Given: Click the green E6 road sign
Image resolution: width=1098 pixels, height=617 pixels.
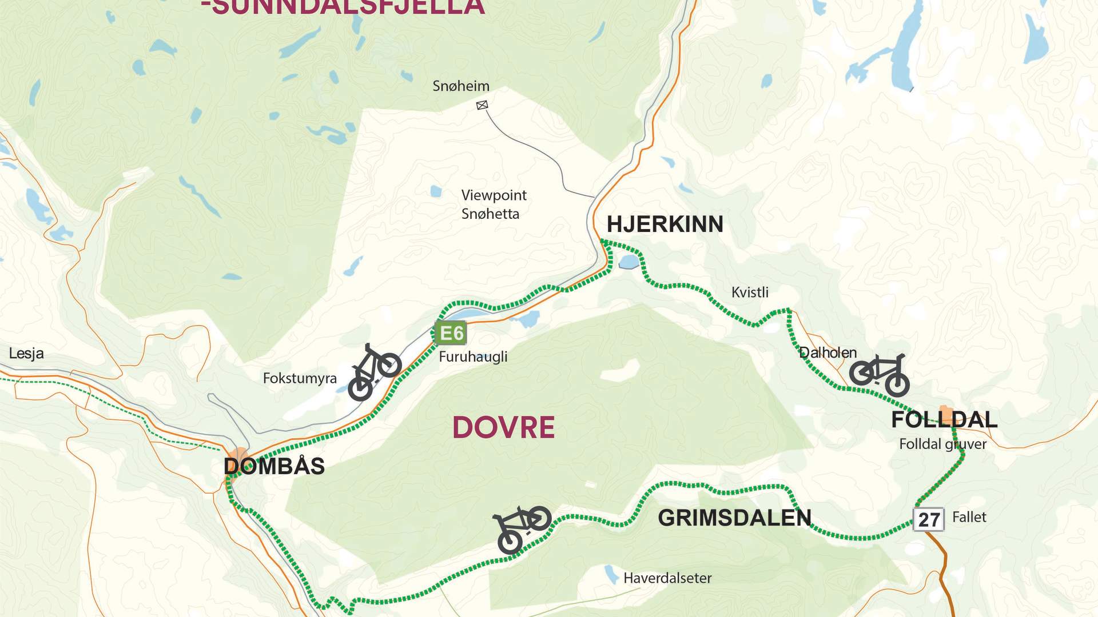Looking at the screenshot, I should point(451,333).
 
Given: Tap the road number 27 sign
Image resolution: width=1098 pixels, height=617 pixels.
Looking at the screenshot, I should point(928,519).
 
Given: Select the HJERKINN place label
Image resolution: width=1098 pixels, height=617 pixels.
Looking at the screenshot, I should point(665,225).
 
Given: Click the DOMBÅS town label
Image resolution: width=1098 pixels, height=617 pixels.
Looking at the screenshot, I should point(274,467).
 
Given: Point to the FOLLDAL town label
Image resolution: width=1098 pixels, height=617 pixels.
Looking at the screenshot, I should point(944,420).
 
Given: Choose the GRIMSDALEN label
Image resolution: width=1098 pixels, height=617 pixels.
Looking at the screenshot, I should point(734,518).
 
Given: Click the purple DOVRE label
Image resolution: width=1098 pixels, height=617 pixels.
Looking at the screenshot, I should point(503,427).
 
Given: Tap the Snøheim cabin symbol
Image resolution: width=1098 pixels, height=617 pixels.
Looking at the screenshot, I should point(482,105).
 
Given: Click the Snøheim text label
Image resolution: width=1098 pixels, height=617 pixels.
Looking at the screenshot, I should point(461,86).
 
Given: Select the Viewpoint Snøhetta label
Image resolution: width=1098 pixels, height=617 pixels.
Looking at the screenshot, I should point(493,205).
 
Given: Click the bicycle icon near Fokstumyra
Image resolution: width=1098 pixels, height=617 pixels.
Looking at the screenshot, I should point(374,371).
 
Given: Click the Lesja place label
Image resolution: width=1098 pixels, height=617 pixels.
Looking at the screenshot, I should point(26,354).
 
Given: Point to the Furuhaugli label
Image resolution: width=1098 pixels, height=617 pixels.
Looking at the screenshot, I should point(473,357).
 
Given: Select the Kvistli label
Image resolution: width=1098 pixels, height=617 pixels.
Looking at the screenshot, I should point(750,293).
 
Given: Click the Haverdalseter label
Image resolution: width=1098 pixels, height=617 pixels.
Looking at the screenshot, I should point(667,578).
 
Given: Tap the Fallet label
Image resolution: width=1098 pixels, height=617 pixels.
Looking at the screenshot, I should point(969,518).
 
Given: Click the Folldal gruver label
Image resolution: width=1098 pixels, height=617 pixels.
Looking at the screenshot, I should point(942,444).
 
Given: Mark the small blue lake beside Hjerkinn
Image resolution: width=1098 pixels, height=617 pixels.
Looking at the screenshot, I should point(628,262).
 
